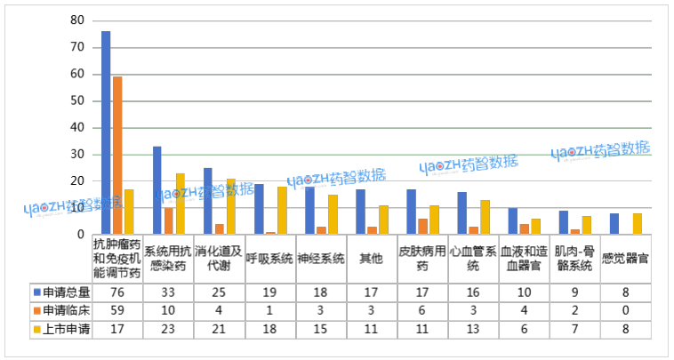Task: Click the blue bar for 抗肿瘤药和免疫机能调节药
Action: point(106,132)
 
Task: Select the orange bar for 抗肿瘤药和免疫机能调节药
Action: point(117,156)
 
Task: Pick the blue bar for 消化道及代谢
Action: point(208,201)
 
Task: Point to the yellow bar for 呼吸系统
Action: point(282,211)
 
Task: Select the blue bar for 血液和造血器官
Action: point(512,221)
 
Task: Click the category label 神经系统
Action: point(319,259)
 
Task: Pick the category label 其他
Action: point(371,259)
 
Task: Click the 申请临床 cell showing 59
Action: point(117,310)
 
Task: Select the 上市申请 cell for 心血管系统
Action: point(472,329)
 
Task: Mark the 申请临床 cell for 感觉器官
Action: point(626,310)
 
